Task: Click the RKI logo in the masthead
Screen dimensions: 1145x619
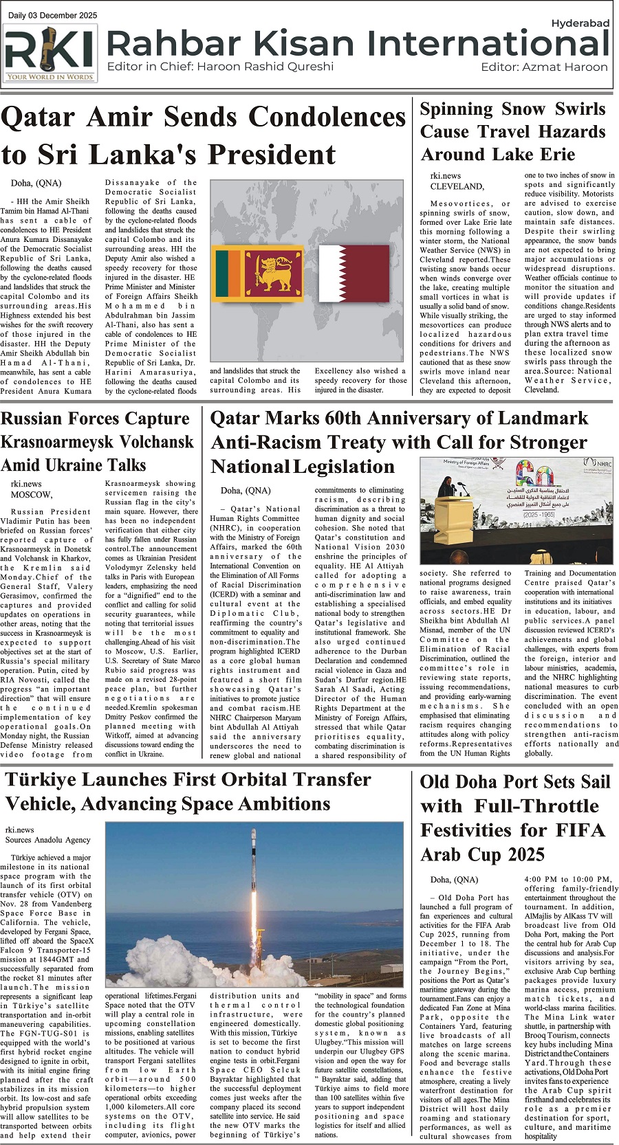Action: point(50,53)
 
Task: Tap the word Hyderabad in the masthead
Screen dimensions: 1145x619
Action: point(580,23)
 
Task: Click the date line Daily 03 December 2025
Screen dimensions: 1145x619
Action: point(52,15)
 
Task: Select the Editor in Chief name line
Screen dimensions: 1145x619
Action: point(220,67)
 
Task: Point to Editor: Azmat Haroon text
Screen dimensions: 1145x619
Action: point(544,67)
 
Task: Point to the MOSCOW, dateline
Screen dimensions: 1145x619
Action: point(32,494)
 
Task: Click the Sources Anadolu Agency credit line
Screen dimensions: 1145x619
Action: point(47,839)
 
